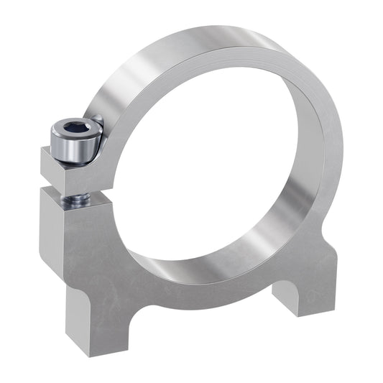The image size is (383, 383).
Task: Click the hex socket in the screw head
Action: coord(73,130)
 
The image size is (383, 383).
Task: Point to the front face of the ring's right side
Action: coord(327,180)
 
